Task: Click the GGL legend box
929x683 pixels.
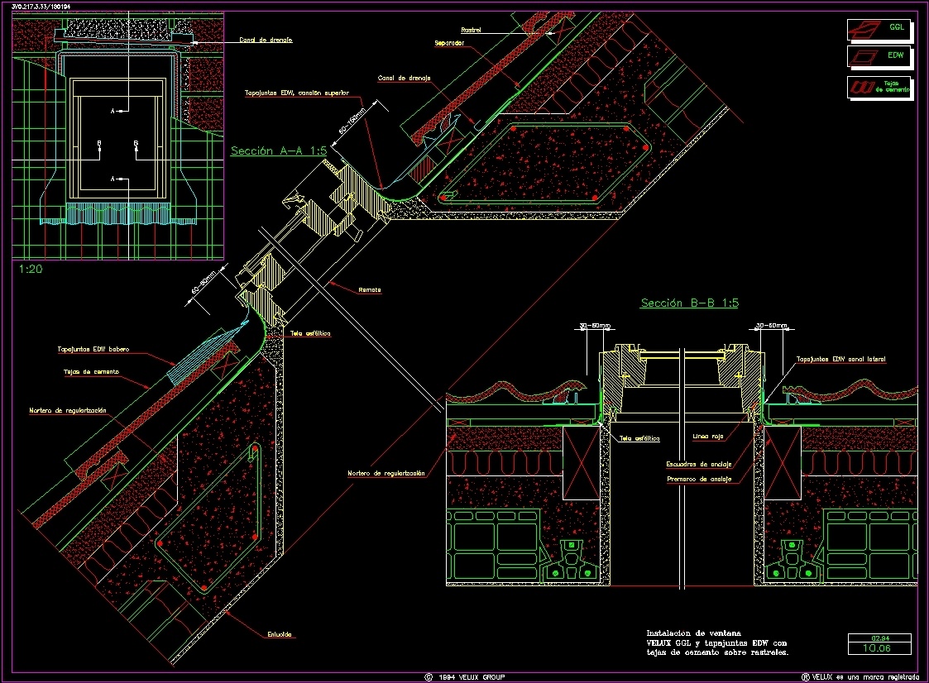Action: click(880, 29)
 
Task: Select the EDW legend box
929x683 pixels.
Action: click(880, 56)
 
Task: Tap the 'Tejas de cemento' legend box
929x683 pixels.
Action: click(880, 86)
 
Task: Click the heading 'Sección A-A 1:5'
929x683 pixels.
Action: click(279, 151)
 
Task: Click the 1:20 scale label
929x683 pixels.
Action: click(31, 270)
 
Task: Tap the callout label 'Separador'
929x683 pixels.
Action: click(448, 42)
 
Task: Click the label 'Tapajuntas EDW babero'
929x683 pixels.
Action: click(93, 349)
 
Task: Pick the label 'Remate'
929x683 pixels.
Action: click(370, 290)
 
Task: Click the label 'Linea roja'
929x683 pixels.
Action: click(707, 437)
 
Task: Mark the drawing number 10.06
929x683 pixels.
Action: click(879, 648)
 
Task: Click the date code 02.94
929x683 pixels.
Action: click(879, 638)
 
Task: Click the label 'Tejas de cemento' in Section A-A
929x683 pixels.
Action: click(90, 372)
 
